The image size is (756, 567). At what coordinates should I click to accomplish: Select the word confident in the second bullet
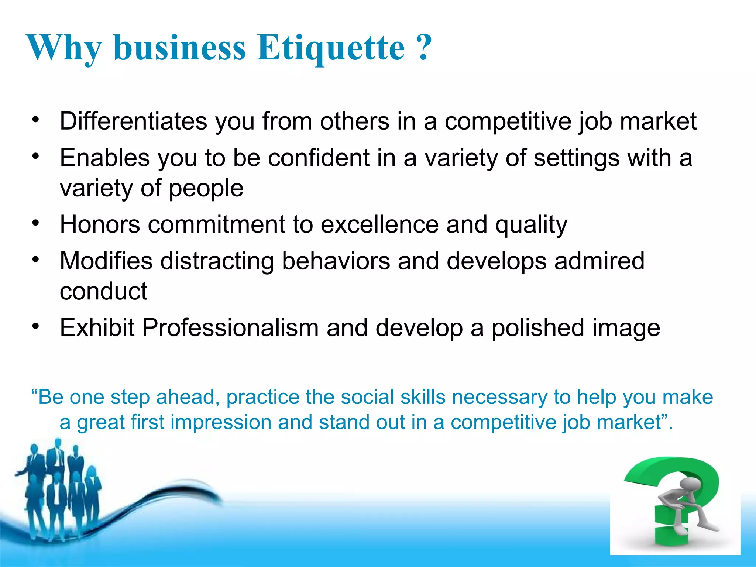pyautogui.click(x=318, y=158)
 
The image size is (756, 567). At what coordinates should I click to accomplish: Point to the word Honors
pyautogui.click(x=100, y=224)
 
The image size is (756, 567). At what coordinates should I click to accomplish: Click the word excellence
pyautogui.click(x=379, y=224)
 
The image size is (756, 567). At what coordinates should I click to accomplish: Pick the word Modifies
pyautogui.click(x=106, y=261)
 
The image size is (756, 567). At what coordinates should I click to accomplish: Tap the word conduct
pyautogui.click(x=103, y=291)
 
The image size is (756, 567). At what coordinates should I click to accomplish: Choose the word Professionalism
pyautogui.click(x=230, y=328)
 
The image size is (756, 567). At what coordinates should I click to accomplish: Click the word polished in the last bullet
pyautogui.click(x=538, y=328)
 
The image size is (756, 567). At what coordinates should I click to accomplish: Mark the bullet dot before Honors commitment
pyautogui.click(x=35, y=223)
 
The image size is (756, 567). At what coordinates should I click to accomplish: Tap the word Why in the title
pyautogui.click(x=63, y=48)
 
